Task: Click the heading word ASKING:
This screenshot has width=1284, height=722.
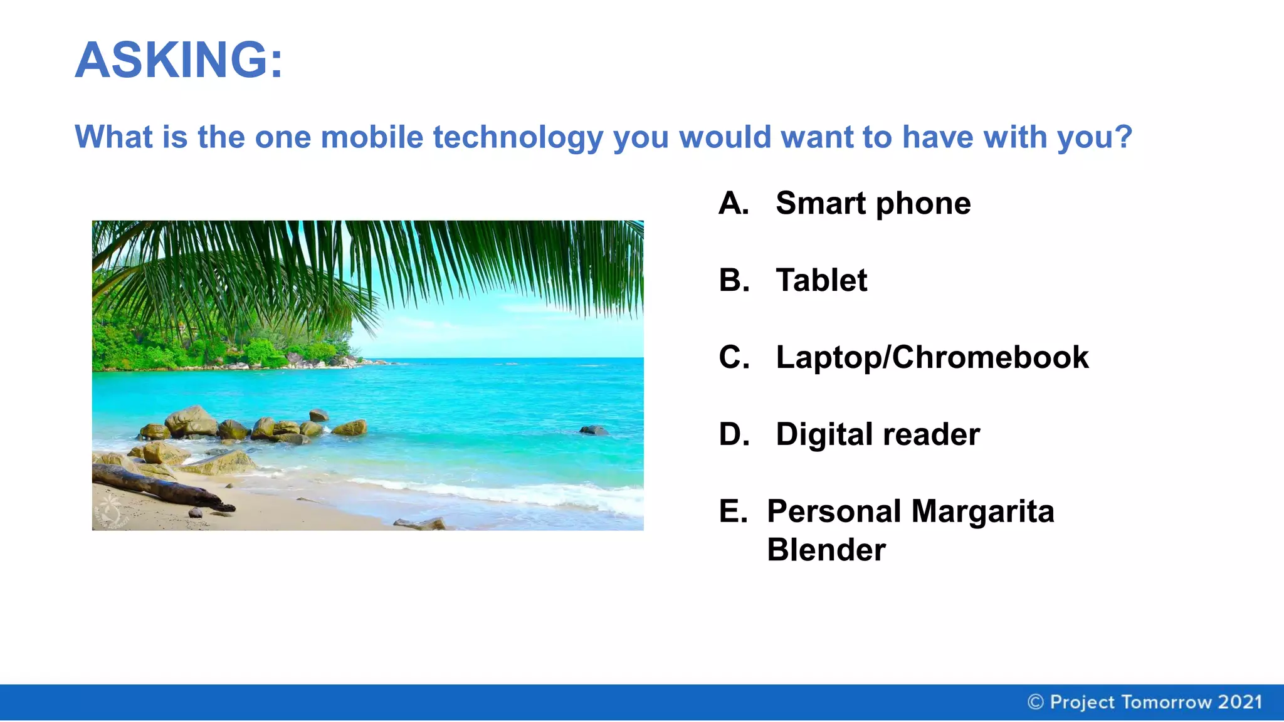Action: click(179, 60)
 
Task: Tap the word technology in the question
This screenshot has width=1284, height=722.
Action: click(518, 137)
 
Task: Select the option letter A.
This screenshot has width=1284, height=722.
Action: click(734, 203)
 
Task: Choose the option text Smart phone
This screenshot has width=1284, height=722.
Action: click(873, 203)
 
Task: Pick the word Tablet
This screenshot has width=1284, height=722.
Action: click(821, 280)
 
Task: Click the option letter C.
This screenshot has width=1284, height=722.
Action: click(734, 357)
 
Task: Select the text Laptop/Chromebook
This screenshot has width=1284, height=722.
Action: click(932, 357)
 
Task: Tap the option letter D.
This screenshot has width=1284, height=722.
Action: click(734, 434)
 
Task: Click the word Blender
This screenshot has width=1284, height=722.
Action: click(826, 550)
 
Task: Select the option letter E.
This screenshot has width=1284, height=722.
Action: click(733, 511)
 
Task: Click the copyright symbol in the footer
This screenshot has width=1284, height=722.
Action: click(1036, 702)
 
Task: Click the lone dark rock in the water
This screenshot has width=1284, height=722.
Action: click(592, 430)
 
